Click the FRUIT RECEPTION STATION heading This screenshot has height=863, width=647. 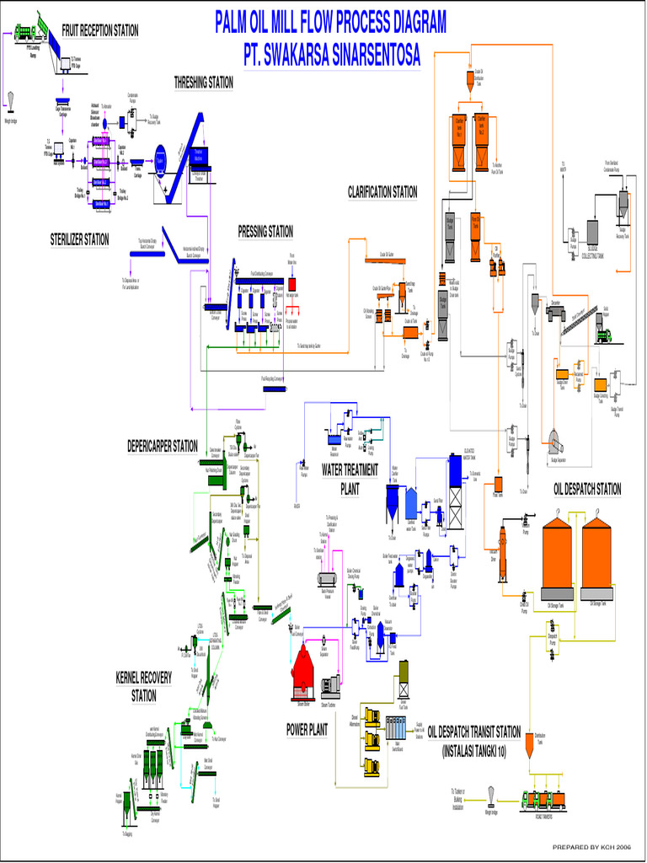[99, 31]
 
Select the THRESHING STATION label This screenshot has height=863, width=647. [203, 83]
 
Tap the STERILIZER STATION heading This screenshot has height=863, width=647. [79, 240]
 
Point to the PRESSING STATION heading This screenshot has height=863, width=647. [265, 231]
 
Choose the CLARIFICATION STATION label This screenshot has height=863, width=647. [382, 193]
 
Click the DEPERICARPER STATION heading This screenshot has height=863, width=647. [163, 446]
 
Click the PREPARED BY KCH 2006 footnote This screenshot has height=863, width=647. [591, 846]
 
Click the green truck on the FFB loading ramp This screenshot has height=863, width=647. [24, 32]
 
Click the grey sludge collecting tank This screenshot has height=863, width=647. [592, 233]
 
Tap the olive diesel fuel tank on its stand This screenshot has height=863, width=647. [404, 672]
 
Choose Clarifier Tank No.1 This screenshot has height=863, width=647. [459, 142]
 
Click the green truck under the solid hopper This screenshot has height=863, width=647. [603, 336]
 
